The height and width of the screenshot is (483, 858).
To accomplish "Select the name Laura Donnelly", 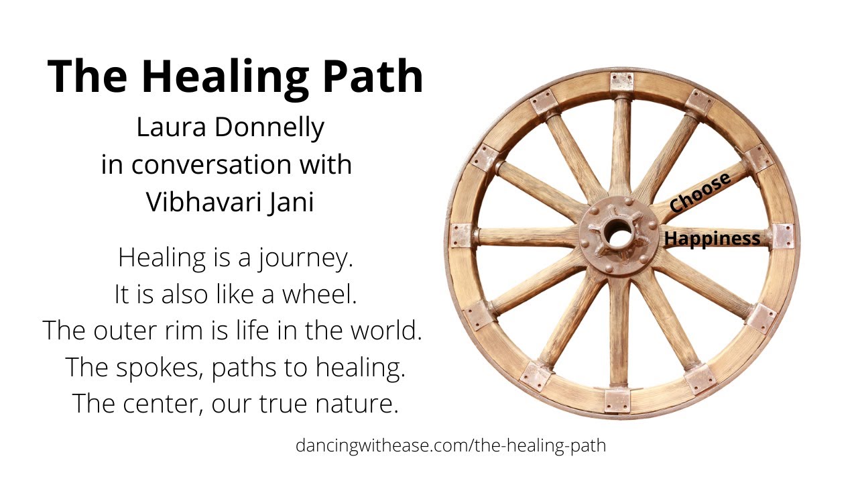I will coord(230,127).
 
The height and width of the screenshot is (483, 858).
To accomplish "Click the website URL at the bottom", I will coord(450,445).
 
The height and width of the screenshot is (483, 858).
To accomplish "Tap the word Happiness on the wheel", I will coord(712,238).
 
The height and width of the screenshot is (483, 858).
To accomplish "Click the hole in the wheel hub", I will coord(619,235).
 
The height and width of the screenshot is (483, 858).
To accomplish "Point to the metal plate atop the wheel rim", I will coord(621,81).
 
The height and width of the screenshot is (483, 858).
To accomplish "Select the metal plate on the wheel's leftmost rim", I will coord(462,235).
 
